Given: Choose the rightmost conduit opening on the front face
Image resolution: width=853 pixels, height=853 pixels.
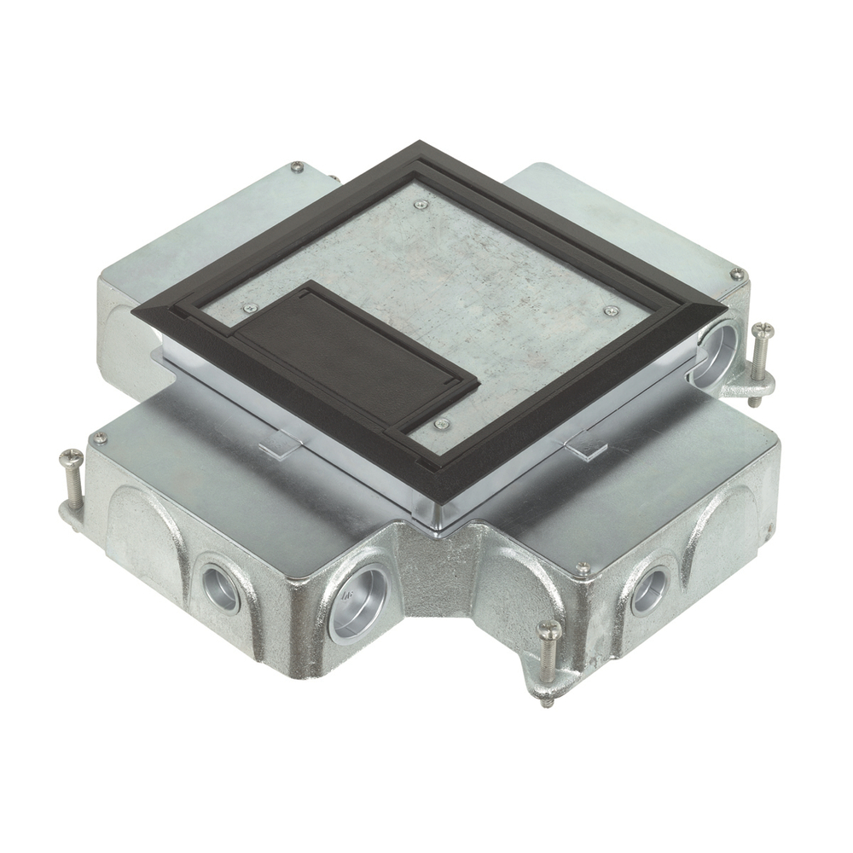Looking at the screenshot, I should (x=650, y=589).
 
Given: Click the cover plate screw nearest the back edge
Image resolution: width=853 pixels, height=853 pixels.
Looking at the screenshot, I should (x=420, y=204).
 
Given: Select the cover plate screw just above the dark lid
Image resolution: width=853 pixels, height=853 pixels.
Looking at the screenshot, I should (x=248, y=309).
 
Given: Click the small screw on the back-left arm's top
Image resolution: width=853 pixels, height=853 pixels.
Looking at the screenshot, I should (x=295, y=167).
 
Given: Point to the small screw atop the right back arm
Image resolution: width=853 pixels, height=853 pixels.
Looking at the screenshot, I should (x=736, y=275).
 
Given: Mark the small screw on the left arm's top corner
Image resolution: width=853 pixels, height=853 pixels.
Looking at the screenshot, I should (x=100, y=438).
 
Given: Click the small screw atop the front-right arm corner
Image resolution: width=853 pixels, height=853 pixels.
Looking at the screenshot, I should (x=583, y=568).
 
